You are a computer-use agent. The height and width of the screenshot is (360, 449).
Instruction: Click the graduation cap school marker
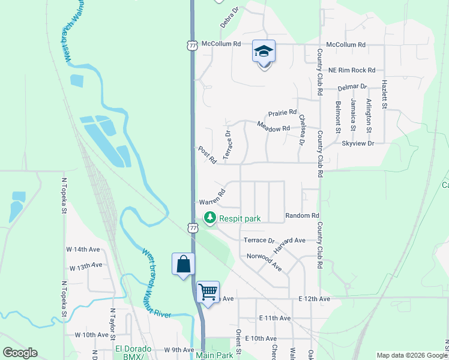coord(264,52)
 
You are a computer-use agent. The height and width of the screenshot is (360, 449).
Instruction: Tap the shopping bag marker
coord(183,264)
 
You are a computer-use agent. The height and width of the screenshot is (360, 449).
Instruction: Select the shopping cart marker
coord(208,292)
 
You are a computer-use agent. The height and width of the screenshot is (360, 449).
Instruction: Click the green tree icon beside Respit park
coord(209,218)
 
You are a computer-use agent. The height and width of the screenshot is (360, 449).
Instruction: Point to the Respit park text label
coord(240,218)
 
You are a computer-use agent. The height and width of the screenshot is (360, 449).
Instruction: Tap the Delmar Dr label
coord(352,87)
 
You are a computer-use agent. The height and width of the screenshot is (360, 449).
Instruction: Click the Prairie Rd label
coord(282,112)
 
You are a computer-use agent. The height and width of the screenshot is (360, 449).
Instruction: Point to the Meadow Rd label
coord(273,127)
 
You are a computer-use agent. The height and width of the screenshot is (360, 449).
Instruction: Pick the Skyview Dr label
coord(357,143)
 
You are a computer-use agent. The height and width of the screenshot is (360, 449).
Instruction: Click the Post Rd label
coord(207,155)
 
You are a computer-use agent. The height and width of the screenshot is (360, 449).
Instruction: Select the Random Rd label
coord(302,215)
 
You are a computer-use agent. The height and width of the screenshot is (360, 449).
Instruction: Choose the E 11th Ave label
coord(275,318)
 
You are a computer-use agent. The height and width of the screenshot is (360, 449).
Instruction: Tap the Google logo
coord(19,353)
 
